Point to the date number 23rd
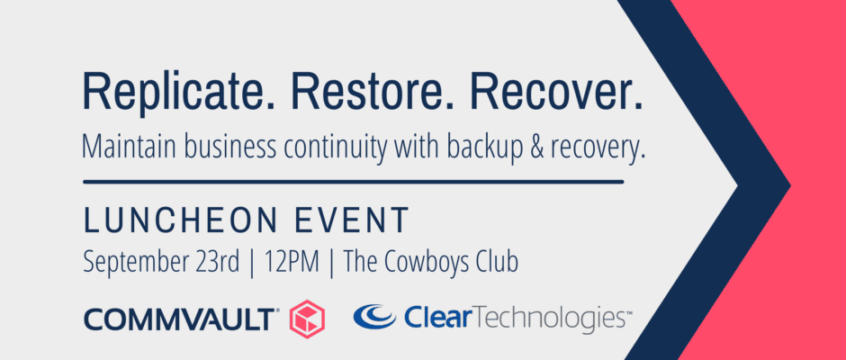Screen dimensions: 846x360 [x=215, y=262]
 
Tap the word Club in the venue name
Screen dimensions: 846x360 [x=499, y=262]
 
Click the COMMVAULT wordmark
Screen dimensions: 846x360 [x=181, y=319]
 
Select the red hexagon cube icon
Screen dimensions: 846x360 [x=307, y=319]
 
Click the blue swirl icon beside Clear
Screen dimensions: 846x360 [x=374, y=317]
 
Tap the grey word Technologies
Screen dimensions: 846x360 [x=547, y=319]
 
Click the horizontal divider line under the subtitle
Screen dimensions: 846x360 [x=354, y=183]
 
